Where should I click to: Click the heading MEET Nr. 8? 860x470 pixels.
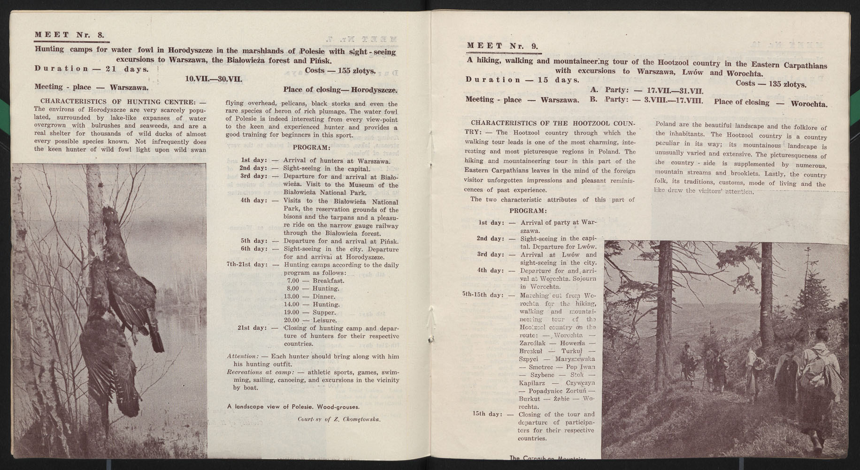[69, 35]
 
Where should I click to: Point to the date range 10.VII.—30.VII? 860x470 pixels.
[214, 79]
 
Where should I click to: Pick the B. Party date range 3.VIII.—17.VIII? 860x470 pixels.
[675, 100]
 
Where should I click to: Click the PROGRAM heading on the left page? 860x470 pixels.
[311, 148]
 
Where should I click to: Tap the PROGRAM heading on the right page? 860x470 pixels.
[528, 211]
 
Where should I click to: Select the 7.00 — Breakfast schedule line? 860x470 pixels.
[315, 281]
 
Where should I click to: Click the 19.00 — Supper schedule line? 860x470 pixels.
[312, 312]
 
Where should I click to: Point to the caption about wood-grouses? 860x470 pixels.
[293, 407]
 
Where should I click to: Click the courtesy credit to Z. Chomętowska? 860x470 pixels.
[338, 419]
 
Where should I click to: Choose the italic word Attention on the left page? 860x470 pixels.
[242, 356]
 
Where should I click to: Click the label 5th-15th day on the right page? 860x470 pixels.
[483, 295]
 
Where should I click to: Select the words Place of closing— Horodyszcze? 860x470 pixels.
[340, 90]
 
